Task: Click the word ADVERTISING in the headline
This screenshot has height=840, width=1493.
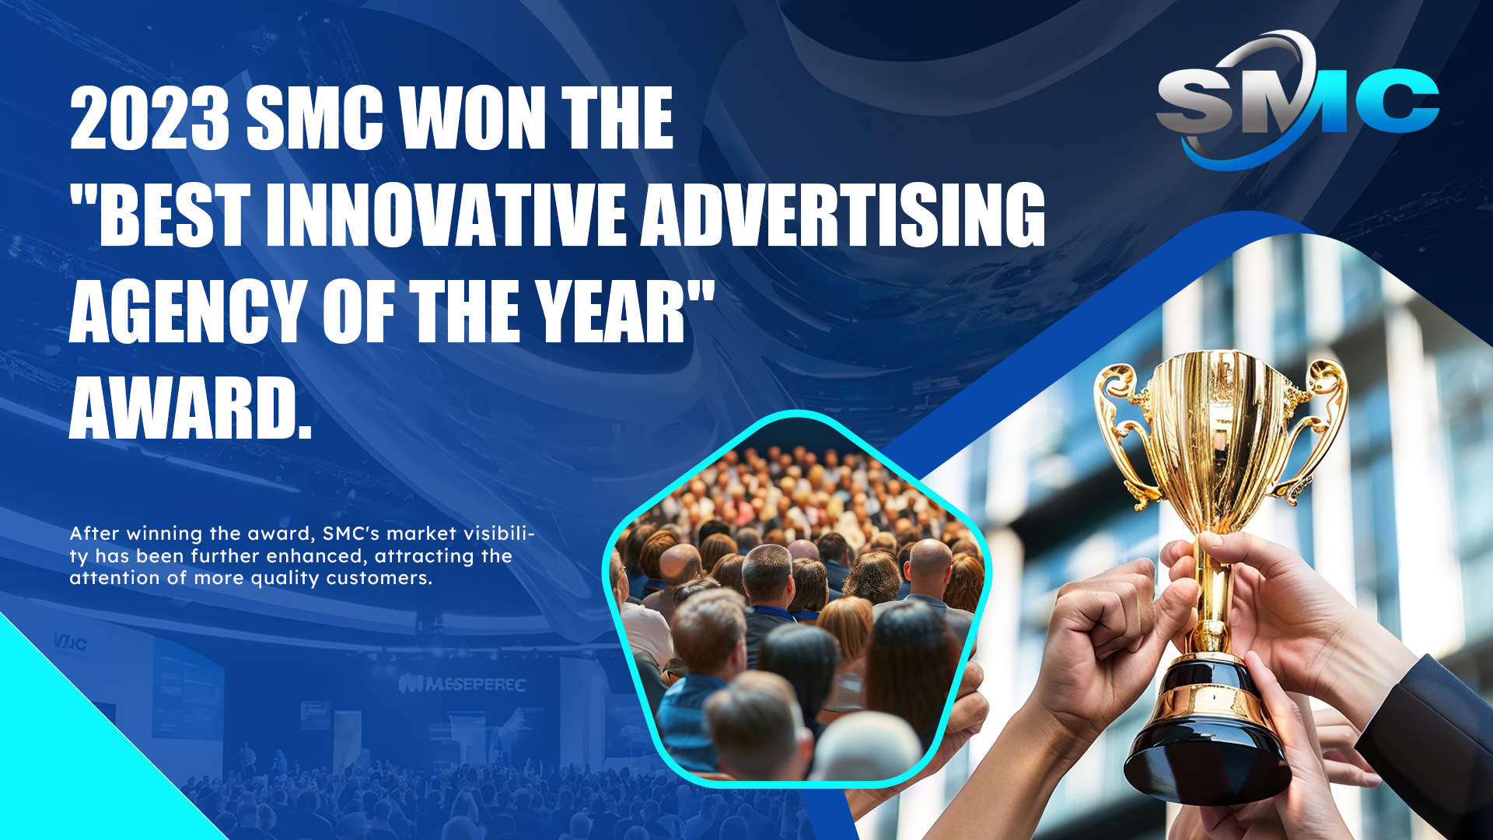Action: click(843, 215)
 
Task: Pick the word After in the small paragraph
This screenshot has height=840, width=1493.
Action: click(95, 534)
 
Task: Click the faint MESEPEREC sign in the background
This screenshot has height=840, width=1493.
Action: click(462, 684)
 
